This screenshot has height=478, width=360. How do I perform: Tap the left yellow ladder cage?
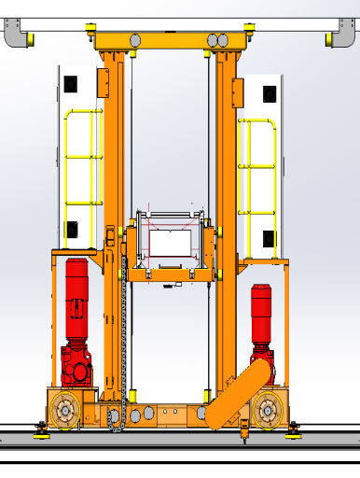click(x=83, y=159)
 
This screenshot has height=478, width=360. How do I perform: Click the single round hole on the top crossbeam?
click(x=135, y=40)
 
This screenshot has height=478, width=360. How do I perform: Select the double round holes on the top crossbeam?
click(x=216, y=40)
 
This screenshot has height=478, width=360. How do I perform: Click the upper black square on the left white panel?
click(x=71, y=85)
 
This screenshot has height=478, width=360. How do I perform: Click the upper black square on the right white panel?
click(x=269, y=94)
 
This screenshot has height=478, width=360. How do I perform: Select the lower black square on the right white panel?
click(x=268, y=239)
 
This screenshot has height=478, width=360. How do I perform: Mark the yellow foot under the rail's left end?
click(x=40, y=429)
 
